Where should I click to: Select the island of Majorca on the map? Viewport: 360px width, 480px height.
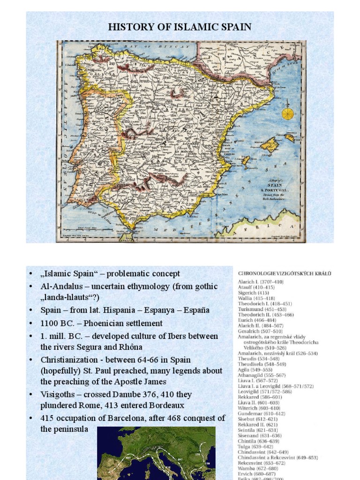270,145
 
